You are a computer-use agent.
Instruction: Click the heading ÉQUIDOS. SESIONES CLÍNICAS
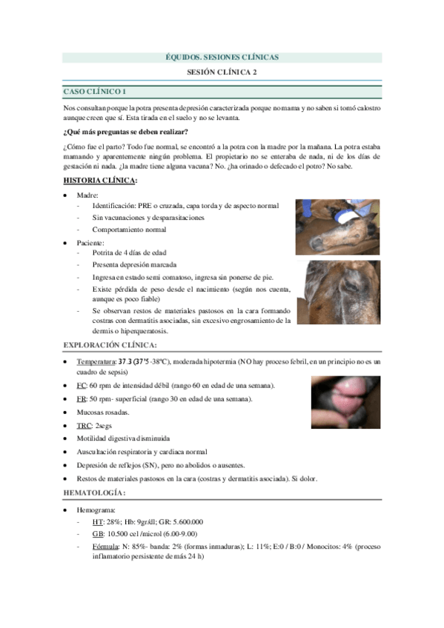(x=221, y=57)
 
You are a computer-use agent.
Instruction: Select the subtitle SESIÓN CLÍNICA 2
(x=222, y=73)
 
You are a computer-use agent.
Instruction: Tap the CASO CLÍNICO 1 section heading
(x=94, y=92)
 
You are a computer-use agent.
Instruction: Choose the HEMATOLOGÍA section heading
(x=94, y=493)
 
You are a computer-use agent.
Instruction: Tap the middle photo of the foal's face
(x=337, y=293)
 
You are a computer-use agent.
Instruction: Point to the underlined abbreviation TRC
(x=85, y=426)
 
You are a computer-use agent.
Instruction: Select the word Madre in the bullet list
(x=88, y=195)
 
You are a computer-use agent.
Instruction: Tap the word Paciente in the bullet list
(x=90, y=242)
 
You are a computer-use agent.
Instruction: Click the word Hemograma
(x=96, y=510)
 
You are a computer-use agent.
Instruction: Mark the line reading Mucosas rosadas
(x=103, y=412)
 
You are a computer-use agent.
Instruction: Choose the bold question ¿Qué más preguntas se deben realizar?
(x=125, y=132)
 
